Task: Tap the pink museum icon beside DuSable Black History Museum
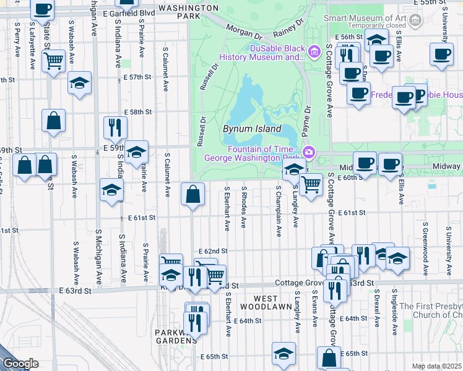pyautogui.click(x=315, y=49)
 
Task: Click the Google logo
pyautogui.click(x=20, y=364)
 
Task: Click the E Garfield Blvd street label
pyautogui.click(x=129, y=12)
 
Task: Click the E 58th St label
pyautogui.click(x=137, y=112)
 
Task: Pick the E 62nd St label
pyautogui.click(x=214, y=251)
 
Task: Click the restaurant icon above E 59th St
pyautogui.click(x=115, y=127)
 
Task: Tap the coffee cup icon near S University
pyautogui.click(x=441, y=54)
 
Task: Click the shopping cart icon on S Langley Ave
pyautogui.click(x=311, y=183)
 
